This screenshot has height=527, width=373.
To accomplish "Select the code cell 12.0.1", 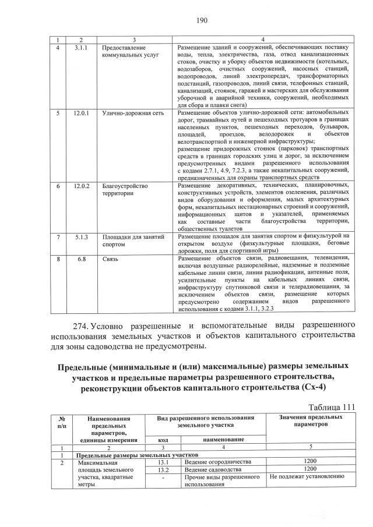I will point(81,113).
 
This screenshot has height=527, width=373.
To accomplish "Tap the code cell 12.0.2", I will point(81,186).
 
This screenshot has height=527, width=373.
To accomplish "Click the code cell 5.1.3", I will point(81,237).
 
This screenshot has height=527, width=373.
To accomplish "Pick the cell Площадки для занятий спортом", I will point(133,241).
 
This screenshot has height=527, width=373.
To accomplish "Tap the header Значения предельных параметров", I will point(310,422).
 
